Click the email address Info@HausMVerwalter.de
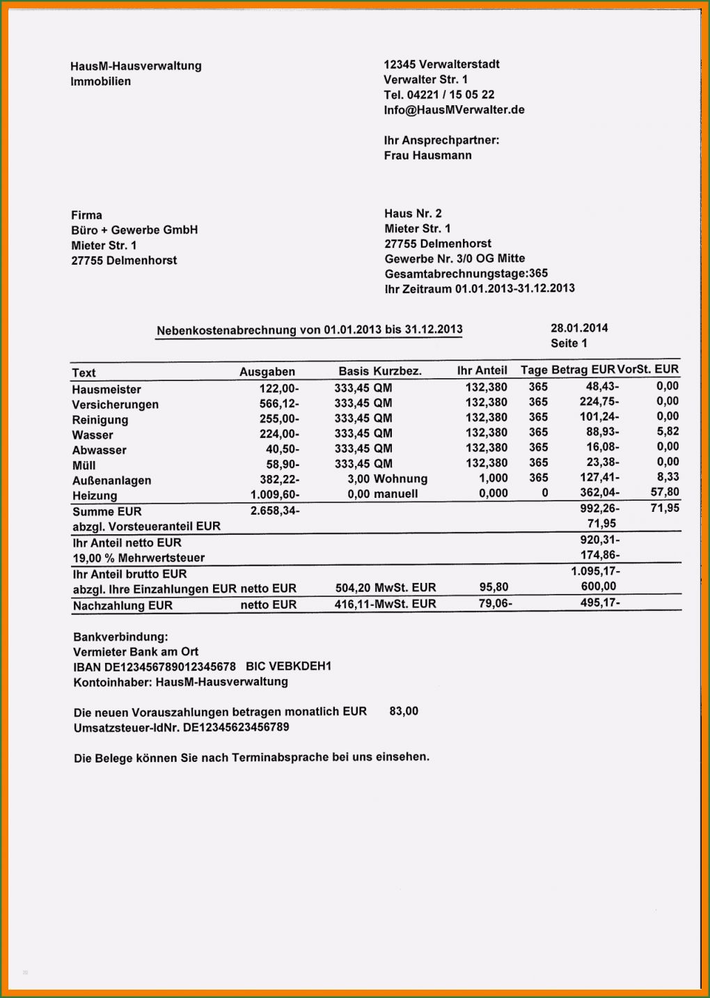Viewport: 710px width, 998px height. point(454,110)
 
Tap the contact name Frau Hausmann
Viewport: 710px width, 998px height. point(427,155)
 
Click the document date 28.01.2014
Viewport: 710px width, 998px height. point(579,328)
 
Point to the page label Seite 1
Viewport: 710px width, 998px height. point(569,343)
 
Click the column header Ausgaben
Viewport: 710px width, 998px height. point(267,372)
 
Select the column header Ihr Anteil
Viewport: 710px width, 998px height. point(482,371)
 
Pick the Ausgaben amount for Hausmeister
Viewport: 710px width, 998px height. point(279,389)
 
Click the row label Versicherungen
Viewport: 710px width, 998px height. point(115,405)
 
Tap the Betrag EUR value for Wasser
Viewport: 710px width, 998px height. point(602,432)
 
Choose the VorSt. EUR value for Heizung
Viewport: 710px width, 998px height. point(665,492)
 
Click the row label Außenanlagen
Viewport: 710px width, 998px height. point(111,481)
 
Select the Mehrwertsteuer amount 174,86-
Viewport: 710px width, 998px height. point(599,555)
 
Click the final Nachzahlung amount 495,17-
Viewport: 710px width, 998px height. point(599,602)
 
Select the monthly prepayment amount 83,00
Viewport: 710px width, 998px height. point(404,711)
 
